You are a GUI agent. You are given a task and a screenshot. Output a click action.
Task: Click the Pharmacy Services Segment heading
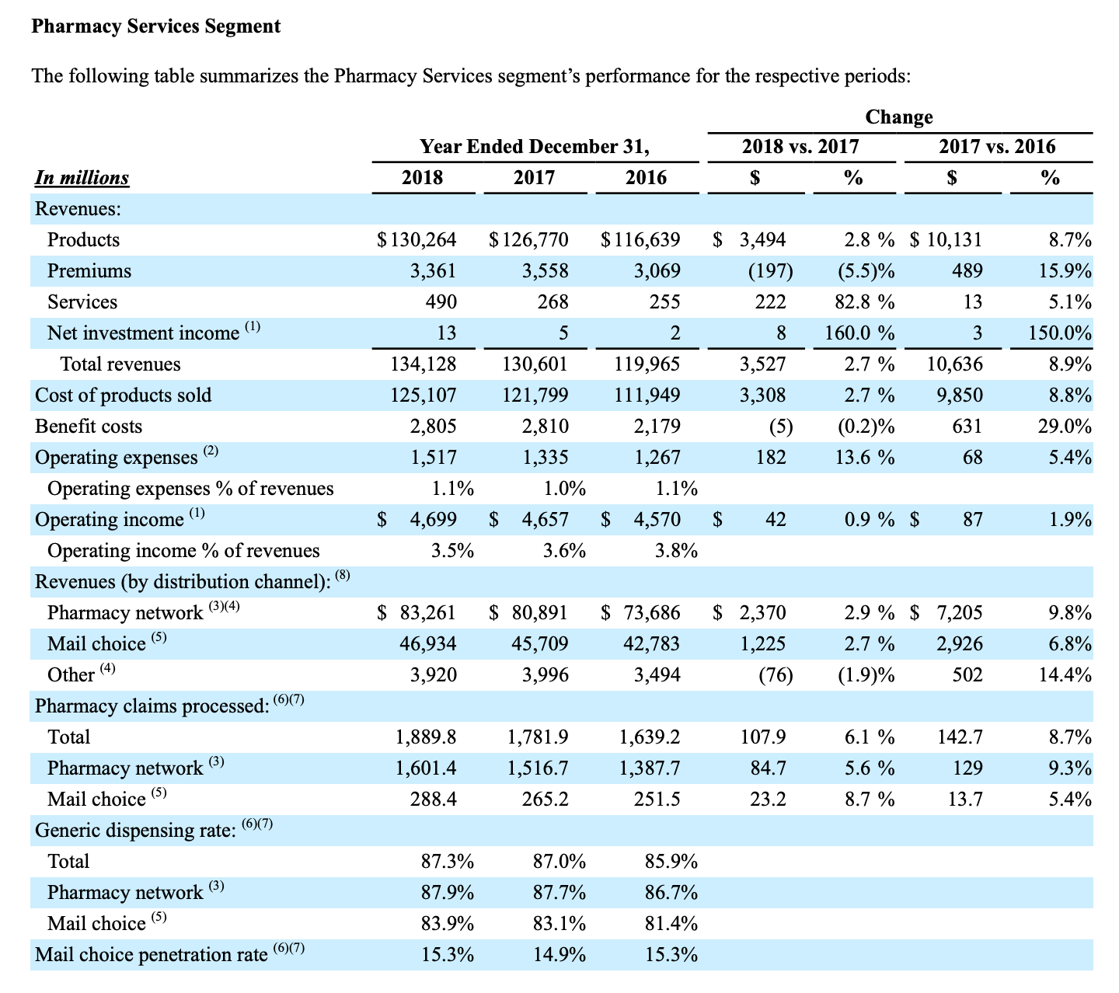coord(155,26)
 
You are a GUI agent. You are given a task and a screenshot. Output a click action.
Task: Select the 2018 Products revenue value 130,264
coord(423,239)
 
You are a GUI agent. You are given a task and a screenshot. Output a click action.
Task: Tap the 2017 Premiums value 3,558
coord(546,270)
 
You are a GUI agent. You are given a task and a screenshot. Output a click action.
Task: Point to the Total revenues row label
coord(120,364)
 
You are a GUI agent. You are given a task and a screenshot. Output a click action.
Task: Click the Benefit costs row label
coord(89,427)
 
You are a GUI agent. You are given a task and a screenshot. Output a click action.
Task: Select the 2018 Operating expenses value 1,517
coord(434,458)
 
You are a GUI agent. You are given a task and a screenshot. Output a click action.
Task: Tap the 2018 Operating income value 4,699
coord(434,520)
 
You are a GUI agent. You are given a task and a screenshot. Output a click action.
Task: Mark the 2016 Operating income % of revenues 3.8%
coord(676,551)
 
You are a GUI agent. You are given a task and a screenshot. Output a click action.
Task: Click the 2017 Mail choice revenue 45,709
coord(539,644)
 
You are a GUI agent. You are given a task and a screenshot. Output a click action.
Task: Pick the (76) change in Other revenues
coord(776,675)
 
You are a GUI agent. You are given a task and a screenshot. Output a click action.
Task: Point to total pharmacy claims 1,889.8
coord(426,737)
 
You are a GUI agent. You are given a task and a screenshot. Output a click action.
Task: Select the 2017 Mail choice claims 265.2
coord(546,800)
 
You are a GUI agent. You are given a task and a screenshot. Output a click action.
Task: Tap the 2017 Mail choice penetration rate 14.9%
coord(559,954)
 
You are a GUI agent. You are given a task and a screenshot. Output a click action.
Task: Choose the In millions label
coord(82,178)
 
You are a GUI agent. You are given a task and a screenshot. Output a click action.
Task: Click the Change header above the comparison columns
coord(899,117)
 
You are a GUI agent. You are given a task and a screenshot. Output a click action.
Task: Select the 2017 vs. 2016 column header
coord(997,146)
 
